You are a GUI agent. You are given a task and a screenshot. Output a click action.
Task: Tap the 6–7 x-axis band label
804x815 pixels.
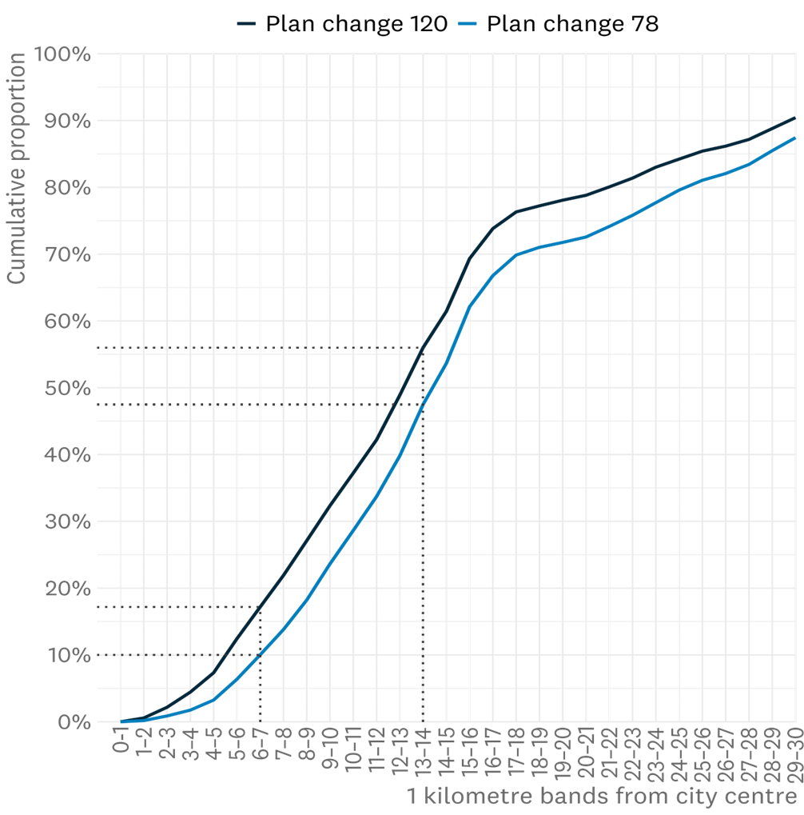(x=260, y=750)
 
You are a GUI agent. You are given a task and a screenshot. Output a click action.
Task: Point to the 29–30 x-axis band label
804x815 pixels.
(x=794, y=753)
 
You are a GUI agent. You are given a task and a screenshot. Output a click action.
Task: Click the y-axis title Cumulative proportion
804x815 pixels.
(x=17, y=168)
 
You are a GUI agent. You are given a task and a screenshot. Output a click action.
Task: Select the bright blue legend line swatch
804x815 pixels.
(x=468, y=23)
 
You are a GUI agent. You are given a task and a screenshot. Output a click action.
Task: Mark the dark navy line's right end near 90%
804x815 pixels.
(x=795, y=118)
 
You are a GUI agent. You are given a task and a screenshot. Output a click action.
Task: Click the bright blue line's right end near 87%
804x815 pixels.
(x=795, y=138)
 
